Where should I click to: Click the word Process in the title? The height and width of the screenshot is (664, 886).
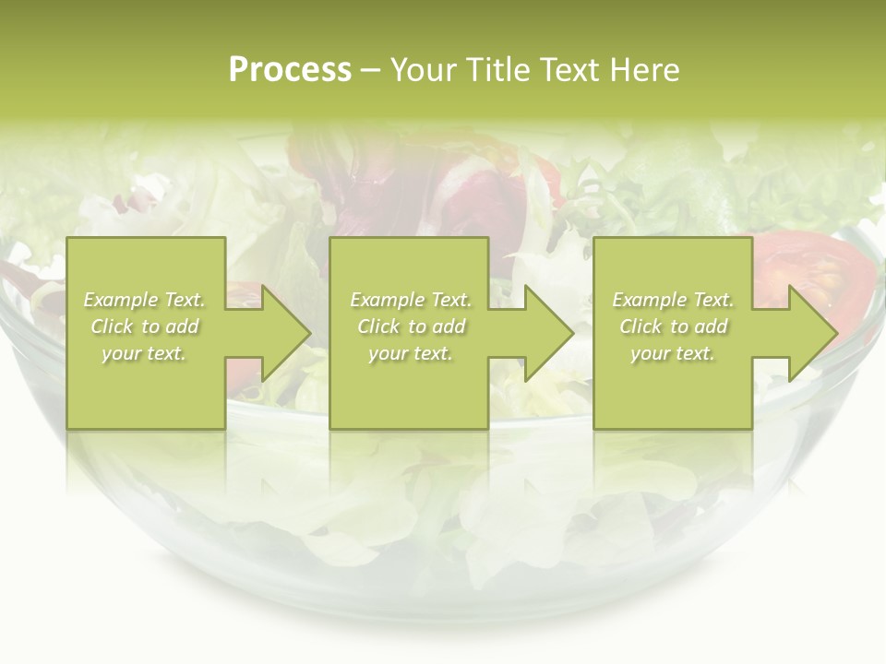click(290, 70)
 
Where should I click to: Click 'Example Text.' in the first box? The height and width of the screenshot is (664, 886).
click(144, 300)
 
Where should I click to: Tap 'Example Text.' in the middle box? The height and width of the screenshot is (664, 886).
click(411, 300)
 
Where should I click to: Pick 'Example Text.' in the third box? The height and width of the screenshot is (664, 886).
click(673, 300)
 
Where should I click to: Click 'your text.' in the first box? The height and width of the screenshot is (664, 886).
click(144, 353)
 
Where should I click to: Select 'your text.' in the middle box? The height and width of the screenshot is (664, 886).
click(411, 353)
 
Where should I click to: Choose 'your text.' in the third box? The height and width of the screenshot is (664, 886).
click(673, 353)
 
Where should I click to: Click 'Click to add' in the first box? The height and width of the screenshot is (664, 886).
click(144, 326)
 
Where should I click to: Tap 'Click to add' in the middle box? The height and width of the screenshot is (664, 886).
click(411, 326)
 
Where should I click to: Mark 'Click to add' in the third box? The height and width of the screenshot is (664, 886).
click(673, 326)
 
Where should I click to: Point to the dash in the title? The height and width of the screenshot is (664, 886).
click(370, 70)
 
